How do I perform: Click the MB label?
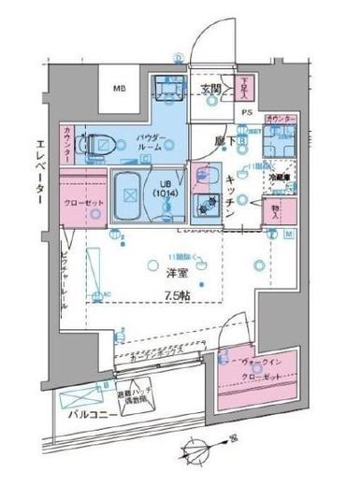pos(119,89)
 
